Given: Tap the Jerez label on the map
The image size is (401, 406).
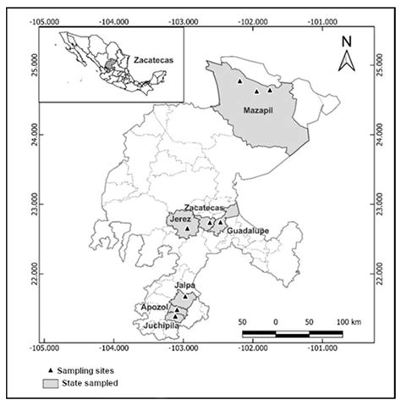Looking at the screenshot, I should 180,219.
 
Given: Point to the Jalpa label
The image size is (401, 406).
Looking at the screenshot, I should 184,286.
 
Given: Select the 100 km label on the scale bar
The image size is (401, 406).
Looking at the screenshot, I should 349,322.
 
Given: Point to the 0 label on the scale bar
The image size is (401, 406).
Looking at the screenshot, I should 277,322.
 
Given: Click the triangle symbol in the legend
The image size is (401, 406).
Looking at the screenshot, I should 49,370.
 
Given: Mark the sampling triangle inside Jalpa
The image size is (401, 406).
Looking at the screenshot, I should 184,297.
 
